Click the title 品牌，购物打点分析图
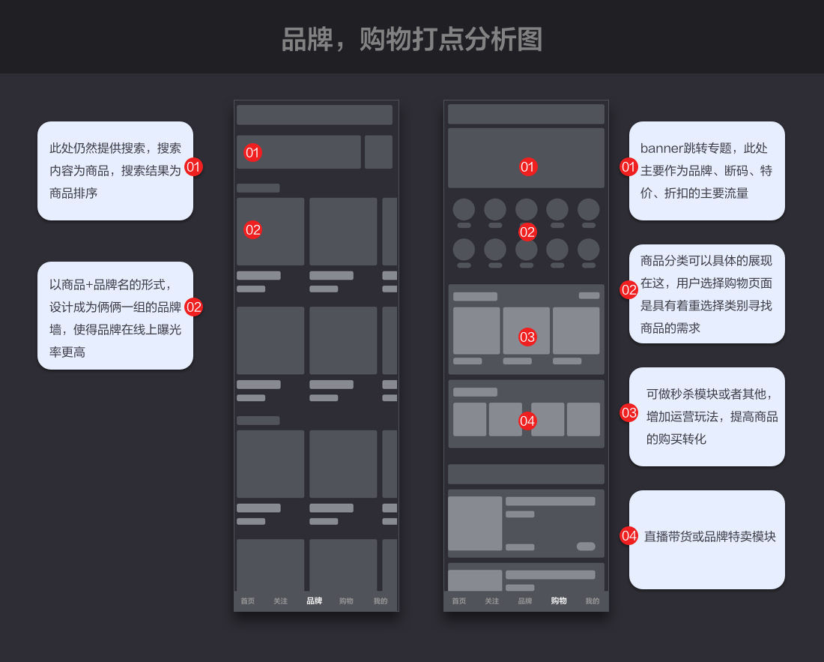[x=411, y=39]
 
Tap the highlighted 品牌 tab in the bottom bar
[x=314, y=601]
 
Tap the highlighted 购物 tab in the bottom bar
[x=559, y=601]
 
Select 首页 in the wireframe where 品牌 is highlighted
[x=247, y=601]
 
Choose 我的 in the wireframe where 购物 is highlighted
[x=593, y=601]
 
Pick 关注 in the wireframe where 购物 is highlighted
[x=491, y=601]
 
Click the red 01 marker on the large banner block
[x=527, y=166]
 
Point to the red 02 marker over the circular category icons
[x=527, y=232]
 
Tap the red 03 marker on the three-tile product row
[x=527, y=337]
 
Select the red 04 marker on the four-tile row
[x=527, y=421]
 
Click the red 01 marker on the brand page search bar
[x=252, y=152]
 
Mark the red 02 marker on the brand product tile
[x=252, y=229]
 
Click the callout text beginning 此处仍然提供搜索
[x=115, y=170]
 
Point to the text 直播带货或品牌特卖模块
[x=709, y=536]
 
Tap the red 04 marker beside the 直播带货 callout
[x=628, y=535]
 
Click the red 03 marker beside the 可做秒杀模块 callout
[x=628, y=412]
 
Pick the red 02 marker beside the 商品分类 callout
[x=628, y=289]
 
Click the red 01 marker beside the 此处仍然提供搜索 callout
[x=193, y=166]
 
